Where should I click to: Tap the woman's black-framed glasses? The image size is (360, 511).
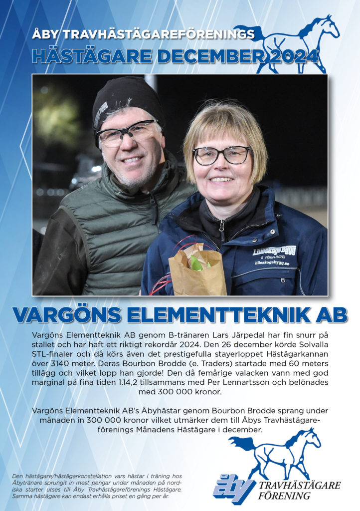click(x=222, y=155)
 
